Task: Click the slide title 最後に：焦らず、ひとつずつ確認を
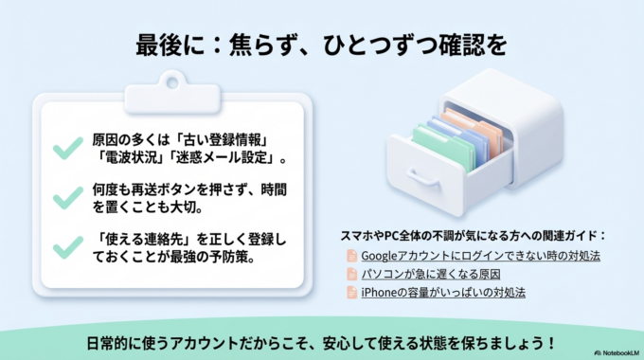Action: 321,45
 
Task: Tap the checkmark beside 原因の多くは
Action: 66,148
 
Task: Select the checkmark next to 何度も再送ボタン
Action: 66,197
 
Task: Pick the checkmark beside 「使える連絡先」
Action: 66,248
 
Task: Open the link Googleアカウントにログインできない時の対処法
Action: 480,256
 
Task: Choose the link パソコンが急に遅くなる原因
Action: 430,275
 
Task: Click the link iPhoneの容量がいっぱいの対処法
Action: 443,293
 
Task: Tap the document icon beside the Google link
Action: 351,256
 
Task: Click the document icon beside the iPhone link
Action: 351,293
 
